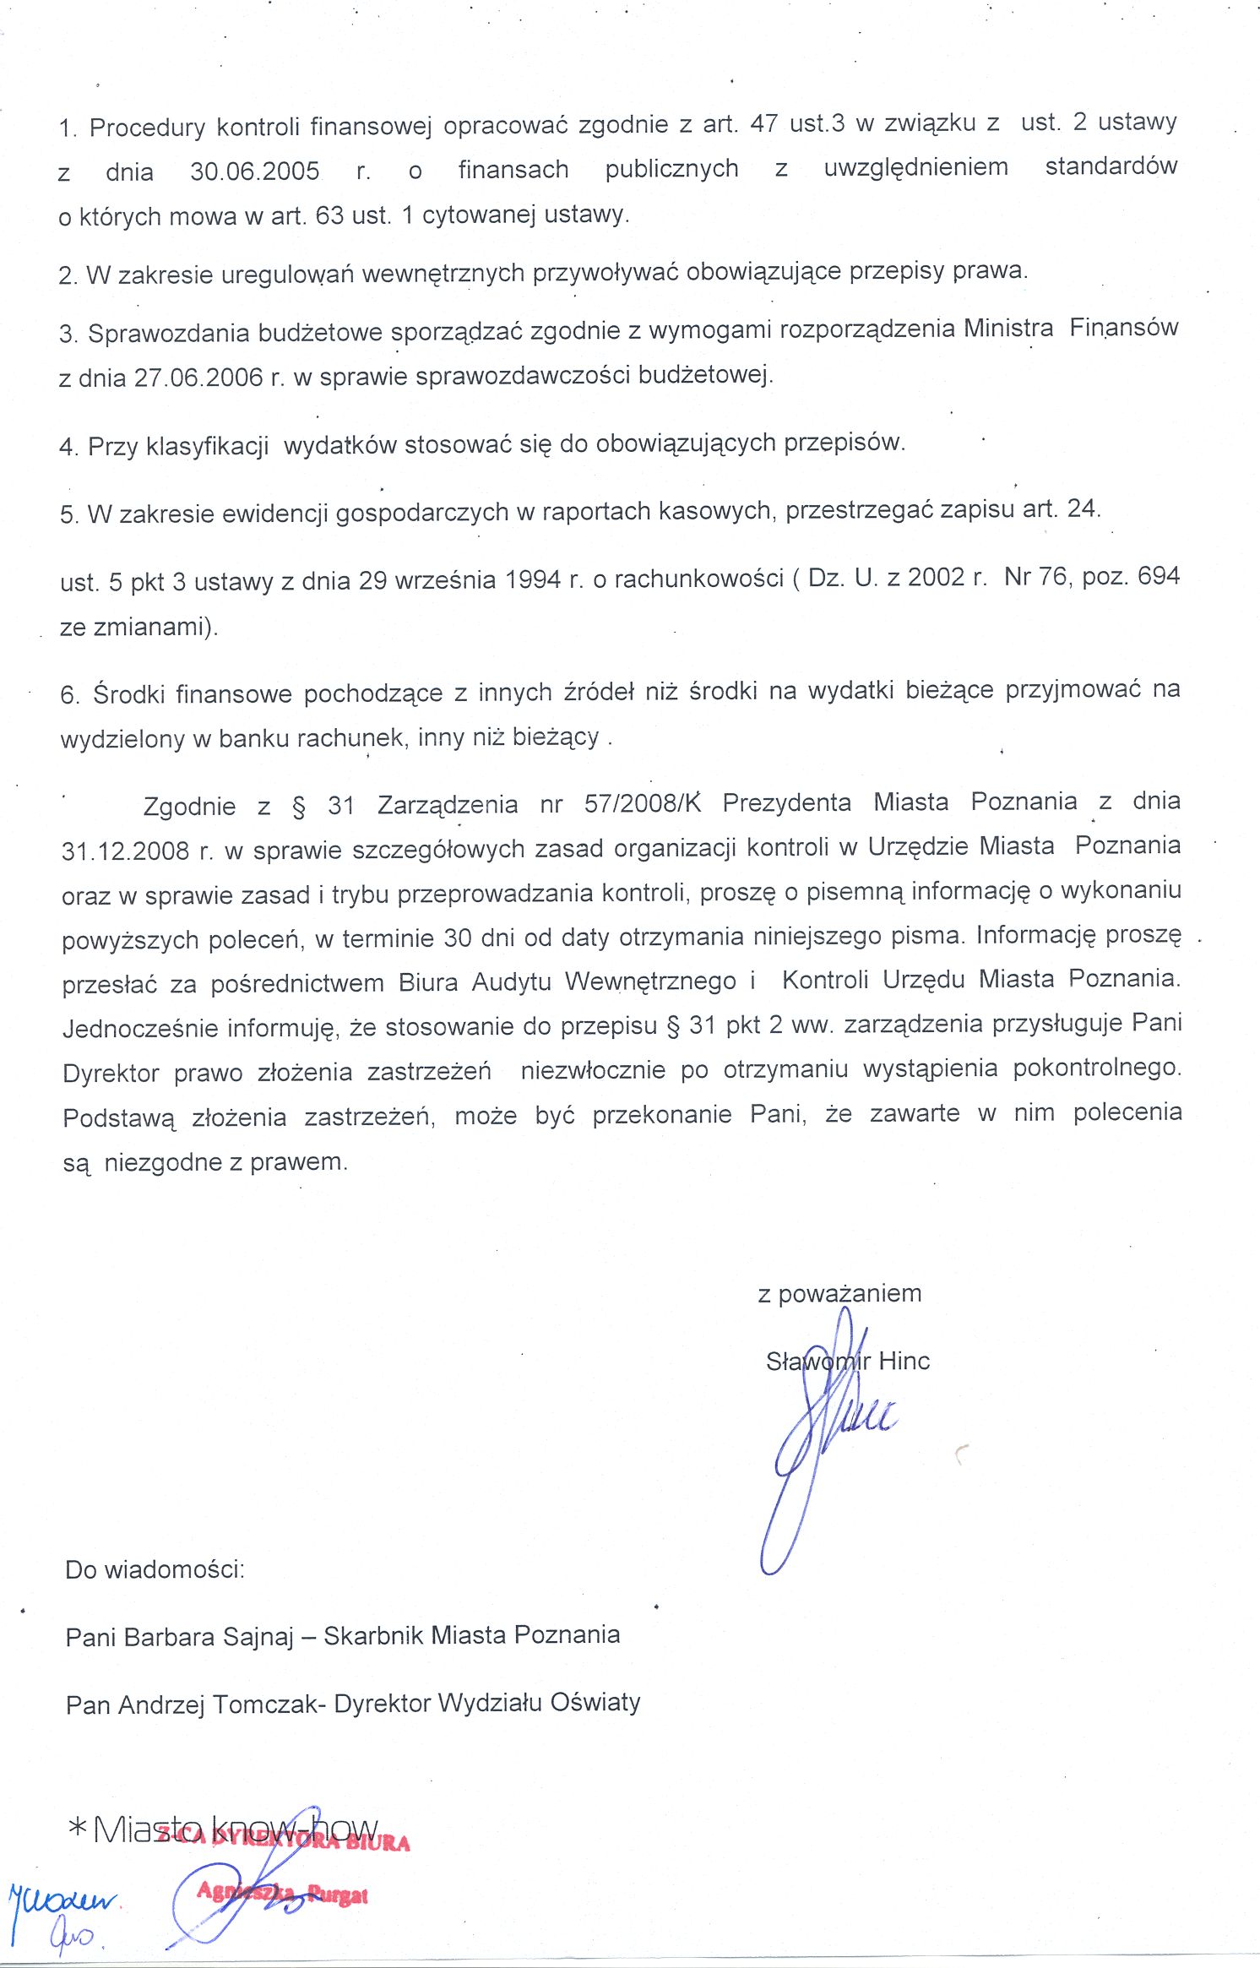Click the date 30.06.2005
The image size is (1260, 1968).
(x=254, y=171)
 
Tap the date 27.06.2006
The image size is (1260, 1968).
(x=198, y=377)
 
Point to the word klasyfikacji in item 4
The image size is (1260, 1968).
(x=207, y=445)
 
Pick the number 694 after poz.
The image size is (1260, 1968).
(x=1158, y=576)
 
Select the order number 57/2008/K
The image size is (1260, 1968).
(x=643, y=802)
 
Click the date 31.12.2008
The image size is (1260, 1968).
(x=125, y=851)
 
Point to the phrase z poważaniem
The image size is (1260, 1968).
(x=839, y=1293)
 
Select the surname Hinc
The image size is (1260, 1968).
(x=904, y=1361)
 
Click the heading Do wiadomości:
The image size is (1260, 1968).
(x=155, y=1569)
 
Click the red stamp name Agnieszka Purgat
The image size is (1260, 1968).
(x=282, y=1895)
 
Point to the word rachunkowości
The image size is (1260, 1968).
(x=698, y=579)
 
